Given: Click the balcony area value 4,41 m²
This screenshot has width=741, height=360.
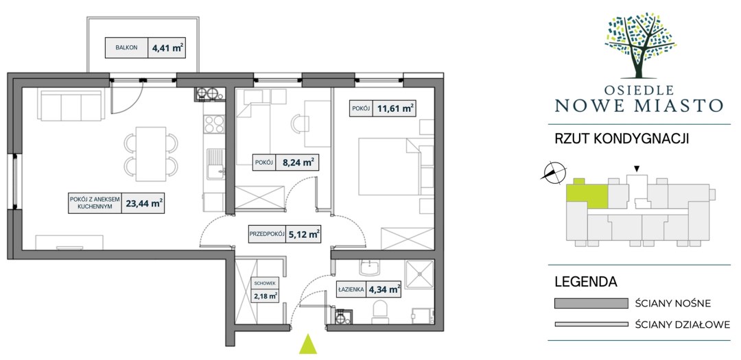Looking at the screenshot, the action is pos(168,48).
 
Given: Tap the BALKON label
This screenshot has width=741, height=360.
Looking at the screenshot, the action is pos(126,48).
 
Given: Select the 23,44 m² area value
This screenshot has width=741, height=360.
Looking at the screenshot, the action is pos(144,203).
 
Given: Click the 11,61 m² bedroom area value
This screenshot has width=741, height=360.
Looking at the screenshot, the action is pos(396,108).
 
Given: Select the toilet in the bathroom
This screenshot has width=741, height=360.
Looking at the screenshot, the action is pos(381,313).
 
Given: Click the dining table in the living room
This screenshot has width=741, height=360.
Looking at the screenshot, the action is pos(151,154).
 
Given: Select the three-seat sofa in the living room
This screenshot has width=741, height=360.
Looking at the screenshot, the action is pos(71,106).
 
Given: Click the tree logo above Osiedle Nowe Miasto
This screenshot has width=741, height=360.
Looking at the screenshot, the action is pos(640,45).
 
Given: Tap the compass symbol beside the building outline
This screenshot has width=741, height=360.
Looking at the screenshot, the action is pos(554,172).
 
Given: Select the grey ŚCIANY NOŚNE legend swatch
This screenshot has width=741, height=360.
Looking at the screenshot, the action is pos(591,303).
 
